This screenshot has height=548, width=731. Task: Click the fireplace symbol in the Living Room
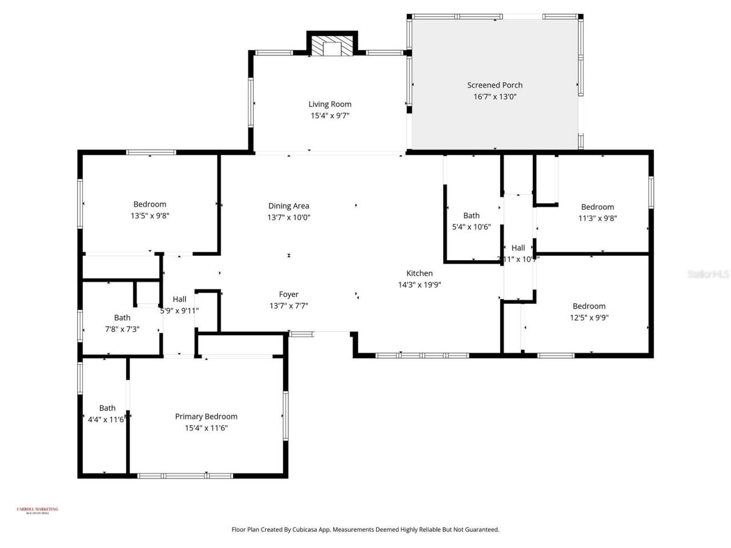[x=332, y=48]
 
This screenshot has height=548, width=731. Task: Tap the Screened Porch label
[x=495, y=85]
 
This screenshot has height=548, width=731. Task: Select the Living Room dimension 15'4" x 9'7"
[x=330, y=116]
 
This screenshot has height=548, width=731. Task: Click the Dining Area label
[x=288, y=206]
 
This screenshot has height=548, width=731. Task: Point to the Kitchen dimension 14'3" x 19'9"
[x=419, y=285]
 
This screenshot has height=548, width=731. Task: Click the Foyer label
[x=288, y=295]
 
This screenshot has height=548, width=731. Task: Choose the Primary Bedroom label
[x=206, y=417]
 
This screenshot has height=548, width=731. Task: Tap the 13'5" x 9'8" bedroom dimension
[x=150, y=216]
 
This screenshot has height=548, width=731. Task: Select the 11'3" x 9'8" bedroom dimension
[x=597, y=218]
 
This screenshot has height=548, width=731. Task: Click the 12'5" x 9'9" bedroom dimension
[x=589, y=318]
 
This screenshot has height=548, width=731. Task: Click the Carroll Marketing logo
[x=37, y=510]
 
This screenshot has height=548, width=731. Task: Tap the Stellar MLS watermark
[x=708, y=275]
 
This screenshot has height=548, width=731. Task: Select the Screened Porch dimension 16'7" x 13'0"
[x=495, y=96]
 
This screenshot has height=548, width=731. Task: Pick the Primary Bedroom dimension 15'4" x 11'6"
[x=206, y=428]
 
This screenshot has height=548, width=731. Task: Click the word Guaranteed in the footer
[x=480, y=530]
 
